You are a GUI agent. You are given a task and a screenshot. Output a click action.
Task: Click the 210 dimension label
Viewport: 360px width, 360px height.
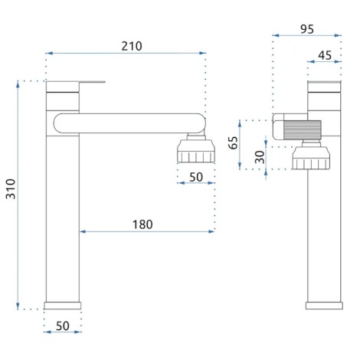[132, 46]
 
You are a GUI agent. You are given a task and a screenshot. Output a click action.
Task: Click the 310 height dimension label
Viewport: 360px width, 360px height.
[11, 189]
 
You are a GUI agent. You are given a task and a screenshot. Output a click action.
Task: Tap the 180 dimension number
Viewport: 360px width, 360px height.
[142, 224]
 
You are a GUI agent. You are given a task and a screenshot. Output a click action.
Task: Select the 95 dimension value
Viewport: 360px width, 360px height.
[307, 29]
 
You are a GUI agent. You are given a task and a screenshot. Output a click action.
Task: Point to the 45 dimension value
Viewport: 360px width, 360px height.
[325, 55]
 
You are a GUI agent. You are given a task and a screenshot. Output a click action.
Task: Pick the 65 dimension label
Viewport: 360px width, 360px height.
[234, 142]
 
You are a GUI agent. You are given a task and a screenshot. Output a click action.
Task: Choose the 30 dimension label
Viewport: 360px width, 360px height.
[260, 157]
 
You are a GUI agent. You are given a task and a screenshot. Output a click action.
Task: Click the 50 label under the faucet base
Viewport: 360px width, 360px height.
[63, 326]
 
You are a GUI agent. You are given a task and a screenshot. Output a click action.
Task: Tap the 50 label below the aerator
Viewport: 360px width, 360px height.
[196, 177]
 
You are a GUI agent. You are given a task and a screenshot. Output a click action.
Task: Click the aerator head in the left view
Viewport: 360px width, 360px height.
[196, 151]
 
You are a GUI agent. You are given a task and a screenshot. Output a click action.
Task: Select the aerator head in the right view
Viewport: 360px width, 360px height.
[311, 158]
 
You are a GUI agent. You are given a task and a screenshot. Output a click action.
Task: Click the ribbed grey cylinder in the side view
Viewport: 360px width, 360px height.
[303, 130]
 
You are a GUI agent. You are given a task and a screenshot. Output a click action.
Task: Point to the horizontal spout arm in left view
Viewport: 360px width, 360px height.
[129, 123]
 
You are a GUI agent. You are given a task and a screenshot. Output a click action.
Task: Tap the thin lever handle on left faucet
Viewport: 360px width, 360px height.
[92, 82]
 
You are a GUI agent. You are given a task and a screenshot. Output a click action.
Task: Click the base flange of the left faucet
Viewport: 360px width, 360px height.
[63, 306]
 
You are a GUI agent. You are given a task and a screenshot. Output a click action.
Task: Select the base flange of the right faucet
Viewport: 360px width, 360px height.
[324, 306]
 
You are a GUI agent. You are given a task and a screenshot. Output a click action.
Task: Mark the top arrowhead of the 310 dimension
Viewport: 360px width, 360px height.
[18, 84]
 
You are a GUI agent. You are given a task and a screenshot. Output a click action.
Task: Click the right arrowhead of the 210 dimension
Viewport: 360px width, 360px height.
[203, 53]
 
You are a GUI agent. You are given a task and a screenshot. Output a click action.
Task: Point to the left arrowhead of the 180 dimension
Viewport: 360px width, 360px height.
[83, 231]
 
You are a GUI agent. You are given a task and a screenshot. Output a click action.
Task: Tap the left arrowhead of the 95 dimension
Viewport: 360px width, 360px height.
[276, 35]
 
